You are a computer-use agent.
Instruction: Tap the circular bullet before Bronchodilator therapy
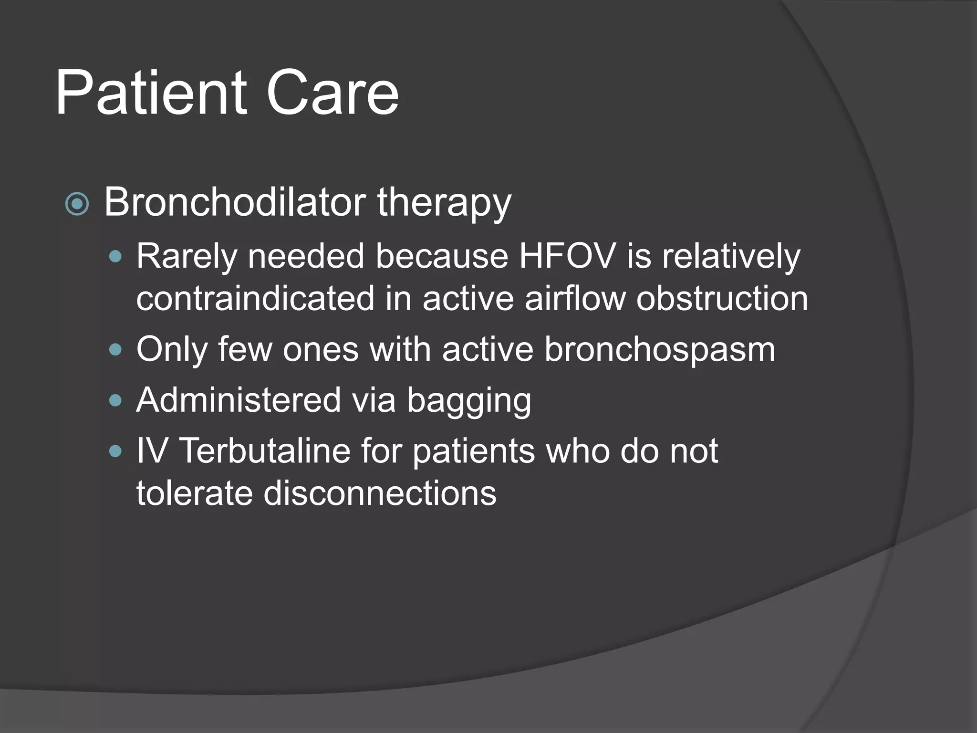(x=77, y=204)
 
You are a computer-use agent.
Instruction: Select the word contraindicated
(x=255, y=298)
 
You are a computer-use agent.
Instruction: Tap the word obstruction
(x=722, y=298)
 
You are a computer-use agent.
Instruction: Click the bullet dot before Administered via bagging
(x=115, y=400)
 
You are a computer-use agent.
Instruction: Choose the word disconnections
(x=380, y=492)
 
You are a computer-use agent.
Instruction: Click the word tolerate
(x=194, y=492)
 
